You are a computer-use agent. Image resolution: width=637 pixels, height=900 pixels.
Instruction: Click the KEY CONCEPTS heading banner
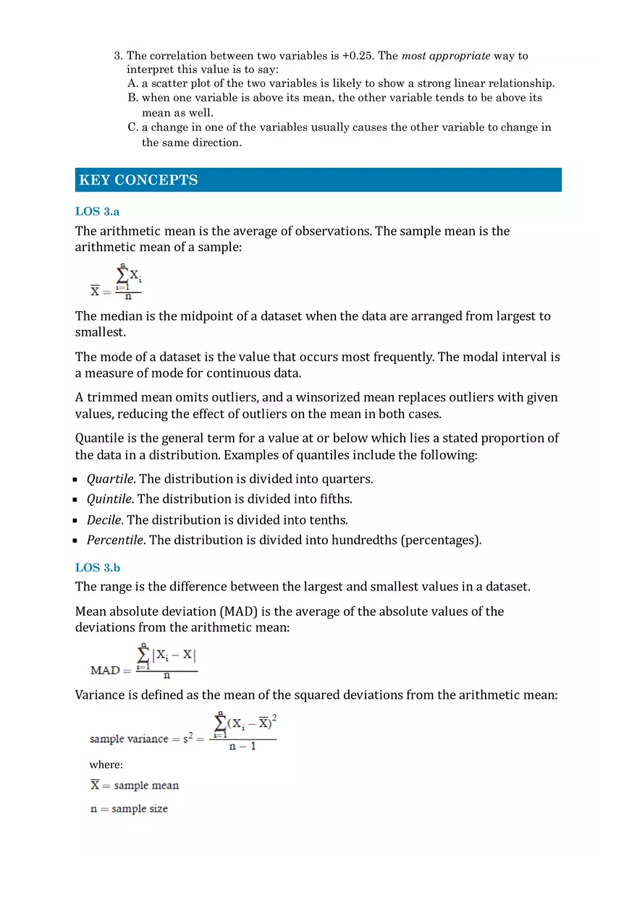(318, 180)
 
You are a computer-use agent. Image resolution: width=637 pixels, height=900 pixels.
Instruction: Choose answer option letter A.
(132, 83)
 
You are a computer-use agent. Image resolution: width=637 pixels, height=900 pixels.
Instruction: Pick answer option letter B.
(132, 98)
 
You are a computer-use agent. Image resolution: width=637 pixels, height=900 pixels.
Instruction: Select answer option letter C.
(132, 127)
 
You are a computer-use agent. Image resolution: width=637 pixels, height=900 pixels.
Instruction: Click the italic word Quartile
(110, 479)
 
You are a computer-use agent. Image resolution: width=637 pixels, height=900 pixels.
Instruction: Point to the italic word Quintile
(109, 499)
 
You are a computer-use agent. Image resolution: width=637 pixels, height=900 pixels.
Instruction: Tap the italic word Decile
(104, 520)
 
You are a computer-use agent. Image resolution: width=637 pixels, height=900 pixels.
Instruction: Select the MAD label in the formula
(105, 671)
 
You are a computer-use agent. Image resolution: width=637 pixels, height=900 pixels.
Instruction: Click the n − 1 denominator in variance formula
(242, 747)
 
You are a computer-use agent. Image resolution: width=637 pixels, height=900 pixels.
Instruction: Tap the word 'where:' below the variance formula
(106, 765)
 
